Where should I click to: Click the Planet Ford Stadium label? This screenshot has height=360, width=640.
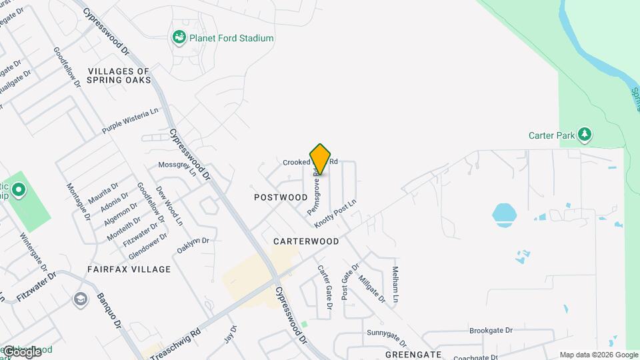(x=231, y=38)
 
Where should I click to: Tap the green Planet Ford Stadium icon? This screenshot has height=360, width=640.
(x=179, y=38)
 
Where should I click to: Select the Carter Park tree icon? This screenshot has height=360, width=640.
(x=585, y=135)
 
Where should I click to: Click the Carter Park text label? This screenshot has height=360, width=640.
(x=551, y=135)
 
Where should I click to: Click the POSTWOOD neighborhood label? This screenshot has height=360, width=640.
(x=281, y=197)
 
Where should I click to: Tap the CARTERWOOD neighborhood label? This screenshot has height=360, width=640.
(x=306, y=241)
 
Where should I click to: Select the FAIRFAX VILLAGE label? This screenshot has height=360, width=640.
(x=129, y=269)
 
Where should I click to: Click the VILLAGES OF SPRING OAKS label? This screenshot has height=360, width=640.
(x=119, y=76)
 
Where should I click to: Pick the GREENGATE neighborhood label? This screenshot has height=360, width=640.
(x=414, y=354)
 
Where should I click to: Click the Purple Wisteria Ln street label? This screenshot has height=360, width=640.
(x=131, y=121)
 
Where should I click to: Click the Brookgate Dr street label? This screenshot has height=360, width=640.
(x=491, y=330)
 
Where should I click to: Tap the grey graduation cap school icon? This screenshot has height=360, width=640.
(x=81, y=298)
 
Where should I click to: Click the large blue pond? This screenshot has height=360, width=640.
(x=505, y=214)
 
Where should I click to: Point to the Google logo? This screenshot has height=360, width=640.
(x=22, y=351)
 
